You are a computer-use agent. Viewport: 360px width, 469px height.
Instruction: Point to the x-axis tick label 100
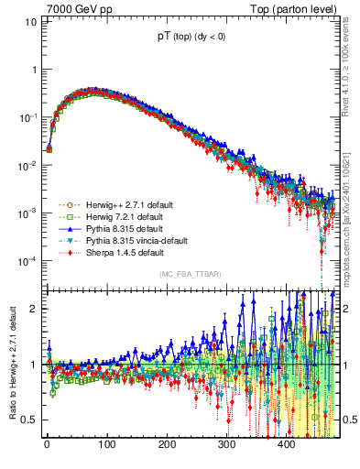(106, 444)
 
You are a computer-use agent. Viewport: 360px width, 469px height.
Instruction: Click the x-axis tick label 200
(167, 444)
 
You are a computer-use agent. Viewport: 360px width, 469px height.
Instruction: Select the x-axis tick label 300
(226, 444)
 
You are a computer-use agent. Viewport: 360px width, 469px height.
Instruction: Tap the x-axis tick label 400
(286, 444)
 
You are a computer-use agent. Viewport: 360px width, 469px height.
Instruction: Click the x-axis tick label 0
(47, 444)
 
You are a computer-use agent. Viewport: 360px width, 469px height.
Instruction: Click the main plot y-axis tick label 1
(34, 70)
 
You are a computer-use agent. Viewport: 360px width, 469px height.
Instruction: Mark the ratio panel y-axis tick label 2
(34, 308)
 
